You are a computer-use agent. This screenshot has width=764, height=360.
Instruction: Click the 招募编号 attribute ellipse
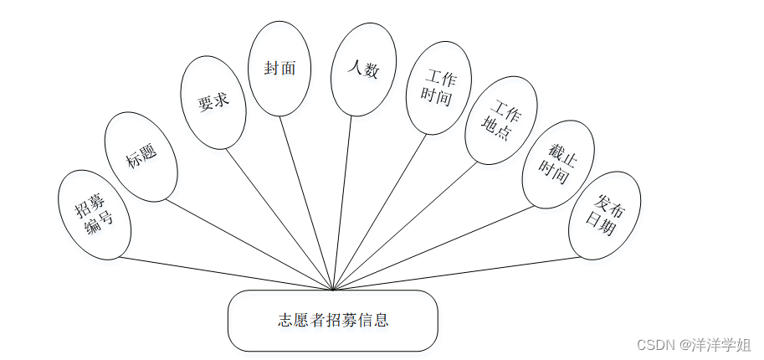click(95, 214)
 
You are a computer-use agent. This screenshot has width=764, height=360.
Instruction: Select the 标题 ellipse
click(141, 157)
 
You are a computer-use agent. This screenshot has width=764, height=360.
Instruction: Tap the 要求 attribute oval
click(213, 102)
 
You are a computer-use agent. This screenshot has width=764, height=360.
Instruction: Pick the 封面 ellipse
click(280, 69)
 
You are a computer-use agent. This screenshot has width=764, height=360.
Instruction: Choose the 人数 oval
click(363, 69)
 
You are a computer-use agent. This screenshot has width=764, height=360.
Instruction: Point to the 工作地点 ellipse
click(500, 120)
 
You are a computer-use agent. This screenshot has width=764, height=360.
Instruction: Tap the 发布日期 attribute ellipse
click(603, 215)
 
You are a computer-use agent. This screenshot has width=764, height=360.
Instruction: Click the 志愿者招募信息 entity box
click(333, 321)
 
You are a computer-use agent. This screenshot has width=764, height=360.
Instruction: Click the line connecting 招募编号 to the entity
click(226, 274)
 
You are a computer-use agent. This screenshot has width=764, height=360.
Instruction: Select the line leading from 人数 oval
click(343, 201)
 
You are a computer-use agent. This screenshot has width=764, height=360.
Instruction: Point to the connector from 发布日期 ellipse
click(456, 274)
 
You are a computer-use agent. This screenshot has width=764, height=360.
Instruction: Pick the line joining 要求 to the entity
click(280, 219)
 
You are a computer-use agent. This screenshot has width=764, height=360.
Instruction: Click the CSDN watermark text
click(694, 344)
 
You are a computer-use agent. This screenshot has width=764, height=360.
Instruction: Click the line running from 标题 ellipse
click(251, 245)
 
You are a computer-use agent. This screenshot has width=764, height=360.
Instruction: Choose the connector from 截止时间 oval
click(431, 248)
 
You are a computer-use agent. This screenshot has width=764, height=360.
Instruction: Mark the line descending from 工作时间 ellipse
click(382, 212)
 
